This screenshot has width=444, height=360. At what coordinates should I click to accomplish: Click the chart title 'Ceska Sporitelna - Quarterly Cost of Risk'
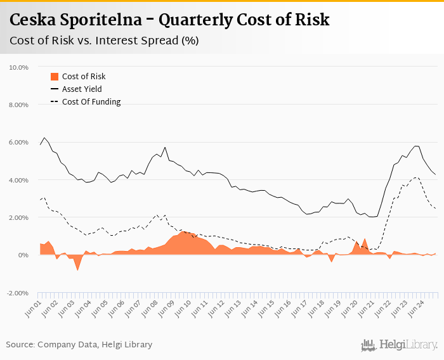[169, 20]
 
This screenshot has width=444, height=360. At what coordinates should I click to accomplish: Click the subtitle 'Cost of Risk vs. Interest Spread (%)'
[105, 41]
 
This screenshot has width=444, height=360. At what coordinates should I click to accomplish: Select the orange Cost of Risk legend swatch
[54, 77]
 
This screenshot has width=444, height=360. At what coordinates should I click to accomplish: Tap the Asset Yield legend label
[82, 89]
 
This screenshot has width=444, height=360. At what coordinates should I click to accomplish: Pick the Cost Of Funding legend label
[91, 102]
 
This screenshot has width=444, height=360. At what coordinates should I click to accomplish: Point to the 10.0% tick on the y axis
[19, 67]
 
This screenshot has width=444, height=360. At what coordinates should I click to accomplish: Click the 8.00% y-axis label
[19, 105]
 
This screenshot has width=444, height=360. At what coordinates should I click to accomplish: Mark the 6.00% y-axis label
[19, 142]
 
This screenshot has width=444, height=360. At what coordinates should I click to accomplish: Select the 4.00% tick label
[19, 180]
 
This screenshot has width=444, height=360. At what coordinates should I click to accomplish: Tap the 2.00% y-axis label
[19, 217]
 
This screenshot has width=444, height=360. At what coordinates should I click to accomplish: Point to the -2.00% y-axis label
[18, 293]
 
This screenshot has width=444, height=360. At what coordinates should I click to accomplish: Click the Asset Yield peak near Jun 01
[44, 138]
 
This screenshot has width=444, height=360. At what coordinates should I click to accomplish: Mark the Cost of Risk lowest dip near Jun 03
[77, 271]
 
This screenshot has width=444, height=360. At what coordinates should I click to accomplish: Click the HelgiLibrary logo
[400, 345]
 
